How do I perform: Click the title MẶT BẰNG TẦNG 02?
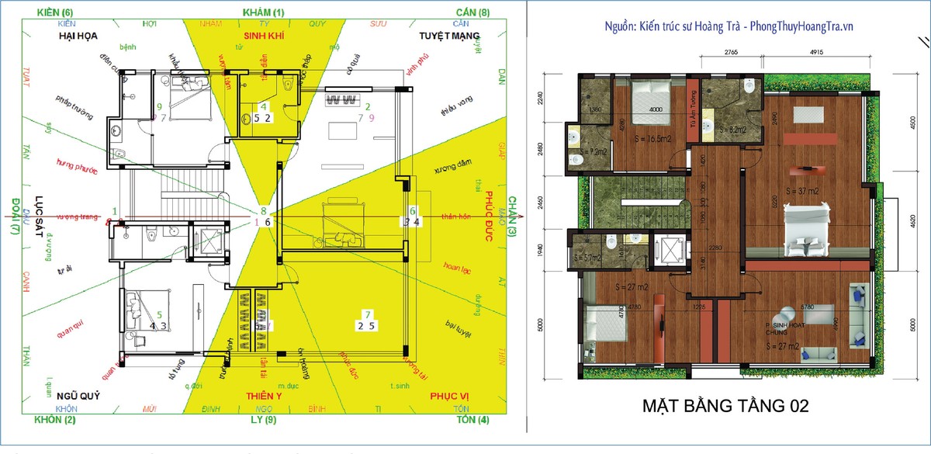[x=727, y=407]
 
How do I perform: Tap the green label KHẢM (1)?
[x=264, y=12]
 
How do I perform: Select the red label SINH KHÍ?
[x=263, y=36]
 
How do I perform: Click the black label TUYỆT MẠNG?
[x=449, y=36]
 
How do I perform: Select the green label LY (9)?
[x=265, y=420]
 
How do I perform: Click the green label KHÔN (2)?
[x=55, y=420]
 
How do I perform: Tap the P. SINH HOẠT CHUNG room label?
[x=785, y=320]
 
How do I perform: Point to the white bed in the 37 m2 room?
[x=807, y=229]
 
